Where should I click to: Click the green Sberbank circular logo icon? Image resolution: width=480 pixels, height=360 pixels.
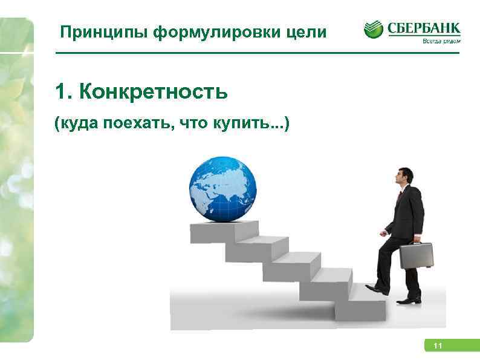373,30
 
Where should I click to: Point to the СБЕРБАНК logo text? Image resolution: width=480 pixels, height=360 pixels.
423,28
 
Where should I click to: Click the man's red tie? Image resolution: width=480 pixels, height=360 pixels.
399,196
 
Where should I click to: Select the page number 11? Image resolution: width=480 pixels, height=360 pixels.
438,346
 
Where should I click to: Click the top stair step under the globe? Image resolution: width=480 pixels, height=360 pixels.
224,231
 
